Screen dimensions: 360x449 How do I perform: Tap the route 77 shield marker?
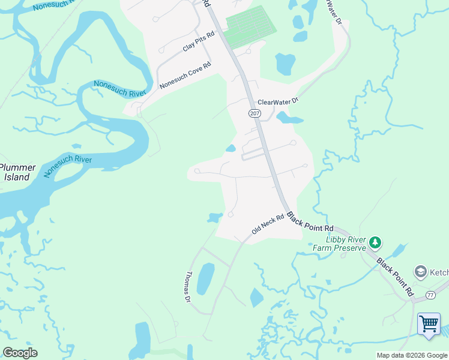tap(430, 295)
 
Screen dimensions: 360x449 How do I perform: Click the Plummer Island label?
tap(17, 173)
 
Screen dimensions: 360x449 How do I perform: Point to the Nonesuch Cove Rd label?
tap(185, 76)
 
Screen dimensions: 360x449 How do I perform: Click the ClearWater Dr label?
tap(277, 102)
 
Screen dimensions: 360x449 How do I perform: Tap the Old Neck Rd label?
tap(267, 226)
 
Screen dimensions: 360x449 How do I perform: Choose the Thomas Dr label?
tap(188, 286)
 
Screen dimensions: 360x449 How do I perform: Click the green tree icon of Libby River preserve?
tap(375, 242)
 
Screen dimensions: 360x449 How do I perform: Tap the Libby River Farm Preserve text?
tap(340, 243)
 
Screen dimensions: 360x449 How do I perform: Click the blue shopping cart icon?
tap(429, 323)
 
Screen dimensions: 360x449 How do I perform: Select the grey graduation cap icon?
tap(420, 272)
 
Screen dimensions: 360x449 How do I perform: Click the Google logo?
tap(20, 353)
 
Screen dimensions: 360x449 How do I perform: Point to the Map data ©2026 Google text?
tap(412, 355)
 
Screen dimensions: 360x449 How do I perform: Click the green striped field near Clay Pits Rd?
tap(251, 26)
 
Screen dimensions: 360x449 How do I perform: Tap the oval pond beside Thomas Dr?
tap(205, 278)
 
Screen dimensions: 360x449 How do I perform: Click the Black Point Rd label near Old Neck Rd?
tap(310, 222)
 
